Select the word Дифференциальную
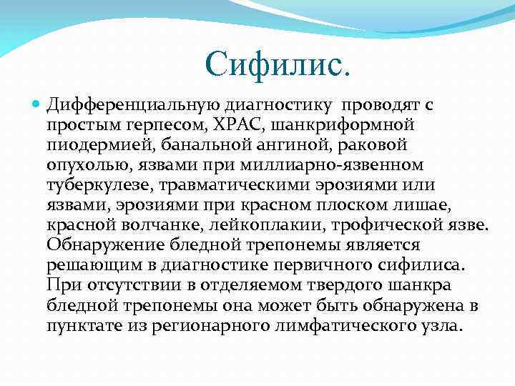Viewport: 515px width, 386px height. (127, 106)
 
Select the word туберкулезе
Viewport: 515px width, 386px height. (94, 186)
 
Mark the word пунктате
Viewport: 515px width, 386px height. (83, 326)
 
